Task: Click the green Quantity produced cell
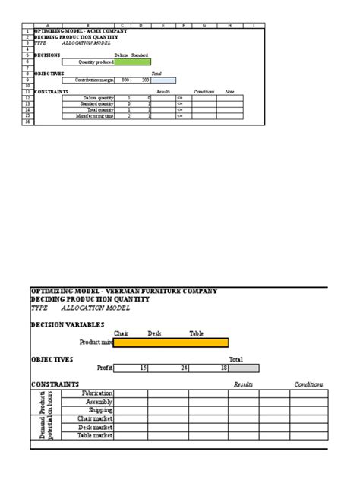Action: point(132,62)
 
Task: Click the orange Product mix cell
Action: point(170,343)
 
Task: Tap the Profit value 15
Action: point(144,368)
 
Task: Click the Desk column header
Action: point(155,333)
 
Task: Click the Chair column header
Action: point(122,333)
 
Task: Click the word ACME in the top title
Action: point(96,31)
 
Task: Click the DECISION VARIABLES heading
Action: point(67,324)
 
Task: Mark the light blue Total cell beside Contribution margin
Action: point(163,80)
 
